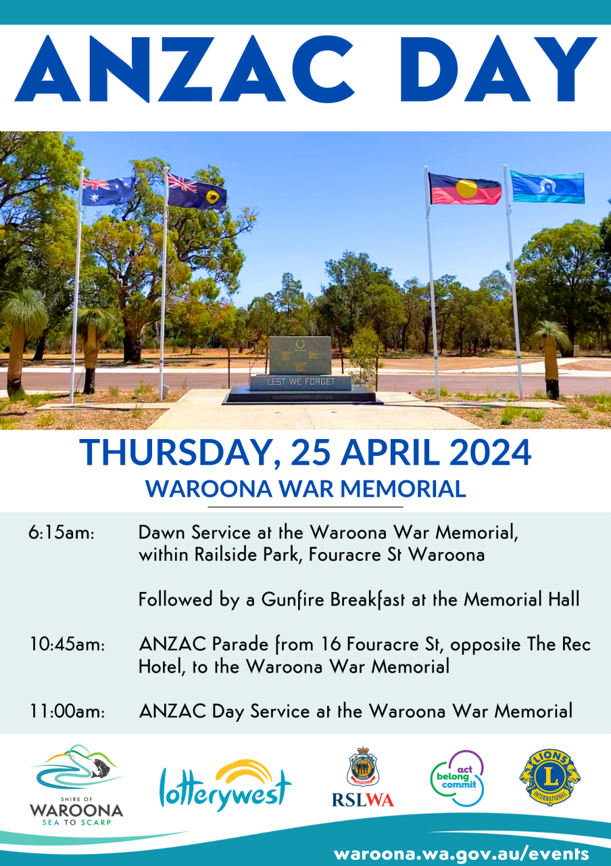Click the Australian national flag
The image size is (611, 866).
[108, 191]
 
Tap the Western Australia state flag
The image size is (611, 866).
[197, 192]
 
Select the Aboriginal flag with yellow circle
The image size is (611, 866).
[465, 189]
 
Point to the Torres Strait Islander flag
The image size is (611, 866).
[547, 187]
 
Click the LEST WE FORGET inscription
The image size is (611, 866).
[301, 382]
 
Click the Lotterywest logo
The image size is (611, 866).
[225, 785]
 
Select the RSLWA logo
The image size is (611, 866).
[363, 777]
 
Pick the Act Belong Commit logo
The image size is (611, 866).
[458, 778]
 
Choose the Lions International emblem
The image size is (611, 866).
[549, 777]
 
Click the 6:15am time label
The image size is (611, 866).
[61, 532]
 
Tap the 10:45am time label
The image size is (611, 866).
[67, 645]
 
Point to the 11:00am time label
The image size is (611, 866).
[67, 712]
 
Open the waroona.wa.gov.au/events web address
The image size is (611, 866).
[461, 853]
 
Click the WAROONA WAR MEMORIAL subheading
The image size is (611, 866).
[305, 488]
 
